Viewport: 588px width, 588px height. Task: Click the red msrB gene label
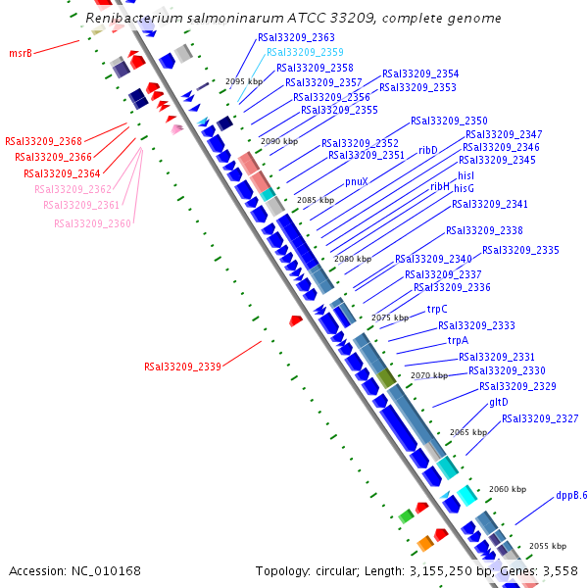click(20, 53)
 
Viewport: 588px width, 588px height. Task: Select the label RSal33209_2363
click(296, 37)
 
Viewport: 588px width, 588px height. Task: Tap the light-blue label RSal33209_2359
click(305, 52)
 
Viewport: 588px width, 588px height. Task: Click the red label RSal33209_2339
click(182, 367)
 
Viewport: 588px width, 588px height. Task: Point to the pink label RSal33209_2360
click(92, 223)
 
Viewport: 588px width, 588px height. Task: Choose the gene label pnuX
click(357, 181)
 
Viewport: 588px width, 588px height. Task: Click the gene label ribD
click(427, 150)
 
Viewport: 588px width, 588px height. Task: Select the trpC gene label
click(436, 309)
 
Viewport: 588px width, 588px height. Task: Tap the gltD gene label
click(498, 402)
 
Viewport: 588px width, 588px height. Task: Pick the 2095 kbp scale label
click(245, 81)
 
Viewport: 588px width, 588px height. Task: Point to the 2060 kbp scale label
click(508, 489)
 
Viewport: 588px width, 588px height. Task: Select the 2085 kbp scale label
click(316, 200)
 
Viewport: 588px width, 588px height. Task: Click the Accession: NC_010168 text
click(74, 570)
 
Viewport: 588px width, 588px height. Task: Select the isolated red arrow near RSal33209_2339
click(295, 320)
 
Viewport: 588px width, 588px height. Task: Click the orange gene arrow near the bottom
click(425, 543)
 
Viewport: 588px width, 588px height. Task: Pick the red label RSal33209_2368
click(43, 141)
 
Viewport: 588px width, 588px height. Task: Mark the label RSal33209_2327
click(540, 418)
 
